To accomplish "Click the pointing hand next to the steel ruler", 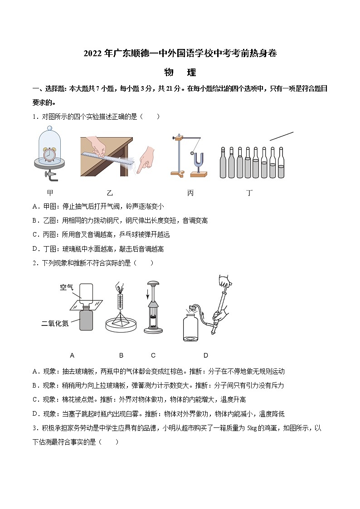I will click(x=146, y=157).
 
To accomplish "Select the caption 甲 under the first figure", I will click(x=50, y=193).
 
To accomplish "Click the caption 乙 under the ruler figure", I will click(x=110, y=193).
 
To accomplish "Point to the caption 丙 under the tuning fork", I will click(x=190, y=193).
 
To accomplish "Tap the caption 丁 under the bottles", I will click(x=249, y=193).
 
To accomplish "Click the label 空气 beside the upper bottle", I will click(x=67, y=287).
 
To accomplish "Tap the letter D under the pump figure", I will click(x=205, y=355).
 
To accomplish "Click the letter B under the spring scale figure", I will click(x=121, y=355).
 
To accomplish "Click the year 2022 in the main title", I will click(x=93, y=53).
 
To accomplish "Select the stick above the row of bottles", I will click(x=281, y=136).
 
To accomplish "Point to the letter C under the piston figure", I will click(x=153, y=355).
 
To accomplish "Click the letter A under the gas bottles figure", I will click(x=73, y=355).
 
